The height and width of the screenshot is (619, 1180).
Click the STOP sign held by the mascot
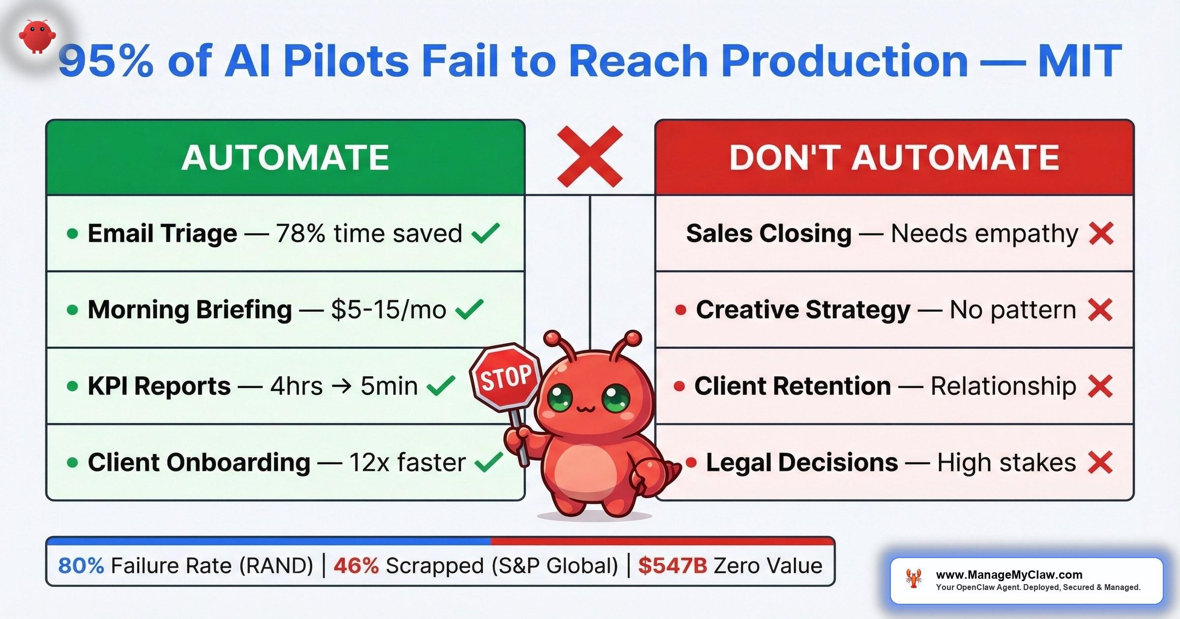pyautogui.click(x=505, y=376)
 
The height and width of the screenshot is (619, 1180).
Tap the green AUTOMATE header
pyautogui.click(x=285, y=158)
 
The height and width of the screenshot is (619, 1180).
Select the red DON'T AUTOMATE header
pyautogui.click(x=894, y=158)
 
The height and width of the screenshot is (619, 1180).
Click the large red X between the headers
pyautogui.click(x=590, y=157)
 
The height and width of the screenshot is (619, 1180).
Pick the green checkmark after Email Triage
pyautogui.click(x=485, y=233)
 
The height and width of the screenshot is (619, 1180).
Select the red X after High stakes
pyautogui.click(x=1100, y=462)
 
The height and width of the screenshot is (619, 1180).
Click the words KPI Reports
pyautogui.click(x=159, y=386)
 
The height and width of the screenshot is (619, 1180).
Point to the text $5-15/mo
pyautogui.click(x=388, y=310)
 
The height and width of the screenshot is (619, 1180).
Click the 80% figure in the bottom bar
pyautogui.click(x=81, y=566)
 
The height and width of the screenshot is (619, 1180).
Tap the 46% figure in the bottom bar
pyautogui.click(x=356, y=566)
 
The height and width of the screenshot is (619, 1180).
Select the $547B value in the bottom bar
pyautogui.click(x=673, y=566)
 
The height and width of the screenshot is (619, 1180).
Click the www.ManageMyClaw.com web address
pyautogui.click(x=1009, y=575)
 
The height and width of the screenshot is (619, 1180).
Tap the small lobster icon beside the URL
pyautogui.click(x=914, y=579)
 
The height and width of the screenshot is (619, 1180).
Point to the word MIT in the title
pyautogui.click(x=1080, y=61)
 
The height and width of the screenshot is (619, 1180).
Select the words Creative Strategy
pyautogui.click(x=803, y=310)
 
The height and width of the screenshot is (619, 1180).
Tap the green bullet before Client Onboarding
pyautogui.click(x=72, y=463)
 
